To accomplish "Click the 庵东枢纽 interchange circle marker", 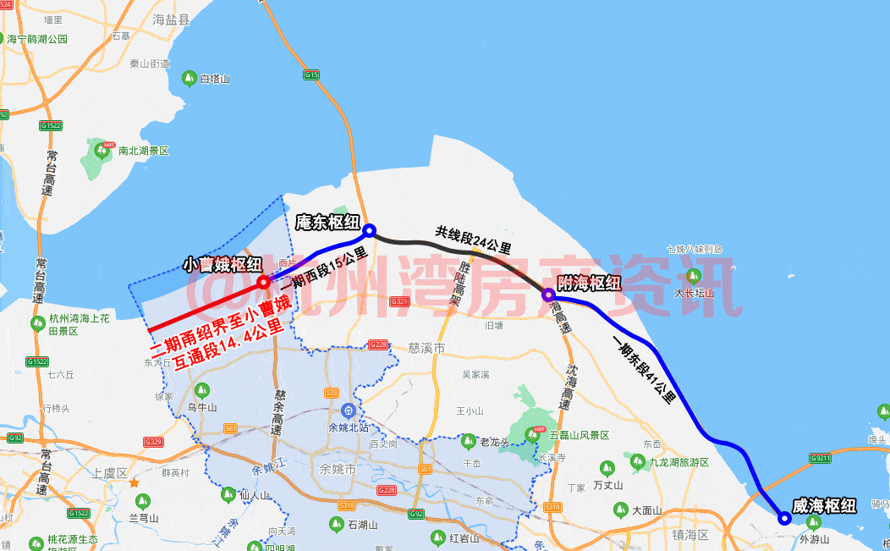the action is point(369,229).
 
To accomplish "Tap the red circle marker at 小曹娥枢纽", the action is point(263,281).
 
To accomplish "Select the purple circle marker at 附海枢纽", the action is point(548,295).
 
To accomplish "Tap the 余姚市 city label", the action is point(356,468).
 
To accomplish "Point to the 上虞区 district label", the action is point(110,473).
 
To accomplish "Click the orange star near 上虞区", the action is point(134,482).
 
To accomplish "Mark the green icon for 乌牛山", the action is point(201,390).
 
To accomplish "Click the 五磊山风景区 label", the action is point(579,435).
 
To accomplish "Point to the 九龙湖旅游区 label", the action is point(679,462).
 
